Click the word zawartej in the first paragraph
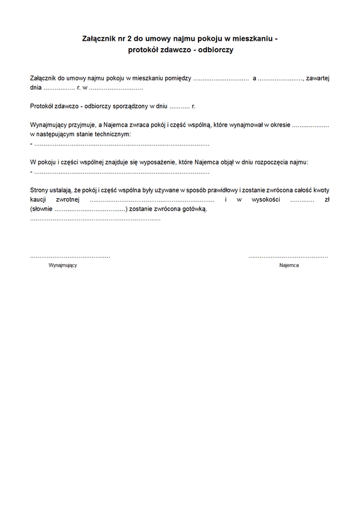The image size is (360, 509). (x=317, y=78)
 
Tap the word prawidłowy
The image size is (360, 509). (x=216, y=190)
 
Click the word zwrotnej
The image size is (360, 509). (x=68, y=199)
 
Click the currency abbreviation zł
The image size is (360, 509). (x=326, y=199)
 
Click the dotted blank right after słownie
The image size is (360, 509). (x=90, y=209)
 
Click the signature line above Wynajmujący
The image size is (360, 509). (x=70, y=257)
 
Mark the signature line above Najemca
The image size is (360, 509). (x=289, y=257)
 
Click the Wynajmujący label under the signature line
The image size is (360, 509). (x=62, y=265)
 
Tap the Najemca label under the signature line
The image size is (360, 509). (x=289, y=265)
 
